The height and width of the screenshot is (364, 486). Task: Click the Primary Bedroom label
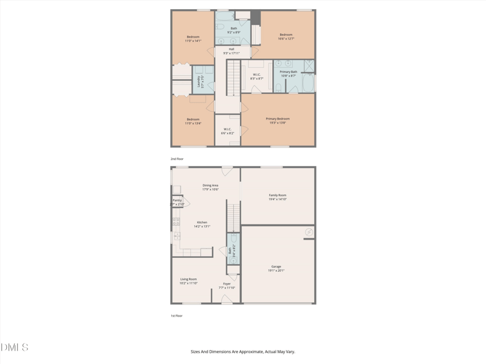tap(278, 121)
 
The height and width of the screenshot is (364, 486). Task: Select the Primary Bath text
tap(289, 73)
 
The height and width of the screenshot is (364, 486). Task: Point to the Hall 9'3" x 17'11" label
tap(231, 51)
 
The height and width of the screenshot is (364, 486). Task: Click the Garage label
tap(276, 268)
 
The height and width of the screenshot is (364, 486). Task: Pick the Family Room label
tap(278, 197)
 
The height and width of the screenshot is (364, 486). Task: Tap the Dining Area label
tap(210, 187)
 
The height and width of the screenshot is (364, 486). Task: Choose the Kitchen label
tap(202, 224)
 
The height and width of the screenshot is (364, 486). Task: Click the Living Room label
tap(188, 281)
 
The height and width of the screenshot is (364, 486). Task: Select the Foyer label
tap(227, 285)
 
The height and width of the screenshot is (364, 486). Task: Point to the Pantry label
tap(177, 202)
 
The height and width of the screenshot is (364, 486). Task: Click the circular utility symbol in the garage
tap(309, 232)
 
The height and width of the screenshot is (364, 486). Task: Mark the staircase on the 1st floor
tap(234, 217)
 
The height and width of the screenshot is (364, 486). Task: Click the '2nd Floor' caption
tap(176, 158)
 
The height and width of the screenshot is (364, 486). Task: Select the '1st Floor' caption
tap(176, 315)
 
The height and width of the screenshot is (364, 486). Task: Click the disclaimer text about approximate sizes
tap(243, 351)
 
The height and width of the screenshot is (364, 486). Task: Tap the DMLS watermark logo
tap(15, 348)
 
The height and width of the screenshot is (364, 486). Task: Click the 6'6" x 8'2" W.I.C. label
tap(228, 131)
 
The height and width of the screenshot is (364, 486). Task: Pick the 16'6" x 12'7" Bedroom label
tap(286, 36)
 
